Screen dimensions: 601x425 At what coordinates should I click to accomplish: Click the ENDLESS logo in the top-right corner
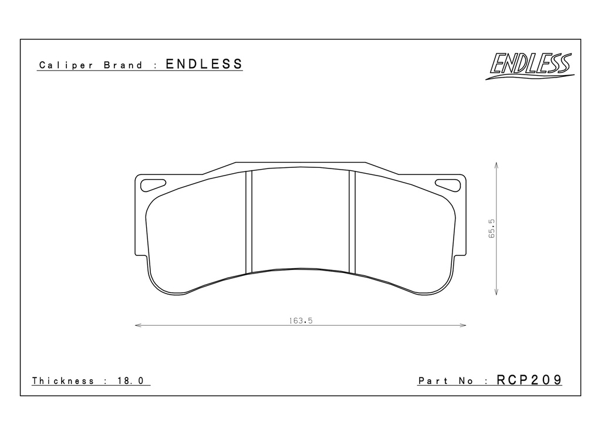530,66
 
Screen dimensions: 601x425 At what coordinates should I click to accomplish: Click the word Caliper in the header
66,65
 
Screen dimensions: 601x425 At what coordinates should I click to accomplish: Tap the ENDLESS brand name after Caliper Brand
204,63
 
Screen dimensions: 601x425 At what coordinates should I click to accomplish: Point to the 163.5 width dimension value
301,321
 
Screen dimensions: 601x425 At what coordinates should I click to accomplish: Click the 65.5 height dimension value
492,228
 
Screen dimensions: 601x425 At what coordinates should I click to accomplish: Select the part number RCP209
529,380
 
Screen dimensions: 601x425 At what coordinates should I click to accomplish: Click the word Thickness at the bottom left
63,380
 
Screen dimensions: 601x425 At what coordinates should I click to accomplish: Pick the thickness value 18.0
130,380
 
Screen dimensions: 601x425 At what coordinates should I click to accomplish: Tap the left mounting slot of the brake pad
153,185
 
